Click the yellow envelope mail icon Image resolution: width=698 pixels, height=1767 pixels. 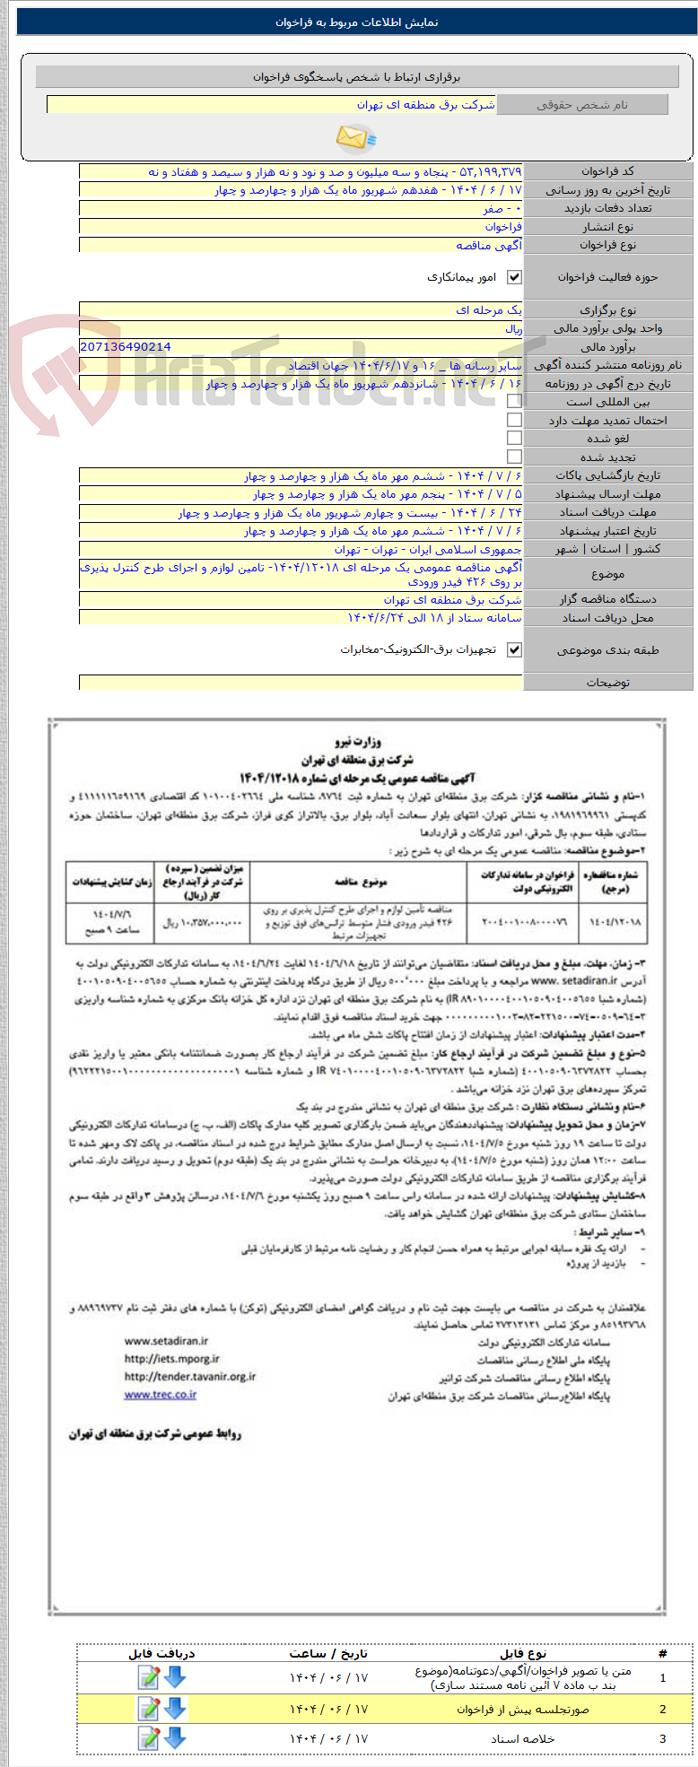pyautogui.click(x=355, y=137)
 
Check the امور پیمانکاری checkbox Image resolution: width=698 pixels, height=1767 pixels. pyautogui.click(x=514, y=278)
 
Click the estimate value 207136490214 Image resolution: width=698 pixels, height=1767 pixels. pyautogui.click(x=126, y=346)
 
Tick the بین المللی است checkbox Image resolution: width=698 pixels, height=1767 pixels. pyautogui.click(x=514, y=402)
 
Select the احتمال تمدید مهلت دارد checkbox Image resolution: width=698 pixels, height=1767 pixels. pyautogui.click(x=514, y=421)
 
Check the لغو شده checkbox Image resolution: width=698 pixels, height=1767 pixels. pyautogui.click(x=514, y=439)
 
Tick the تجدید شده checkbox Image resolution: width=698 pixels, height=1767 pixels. pyautogui.click(x=514, y=457)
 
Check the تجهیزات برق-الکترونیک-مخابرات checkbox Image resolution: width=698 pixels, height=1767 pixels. pyautogui.click(x=514, y=650)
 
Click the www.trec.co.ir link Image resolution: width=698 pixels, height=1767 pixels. pyautogui.click(x=161, y=1394)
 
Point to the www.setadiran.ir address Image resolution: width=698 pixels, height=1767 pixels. pyautogui.click(x=166, y=1341)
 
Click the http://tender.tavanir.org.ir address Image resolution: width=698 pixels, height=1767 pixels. pyautogui.click(x=189, y=1376)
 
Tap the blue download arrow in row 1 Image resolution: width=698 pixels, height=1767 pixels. pyautogui.click(x=175, y=1676)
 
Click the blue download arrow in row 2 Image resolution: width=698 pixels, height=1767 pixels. pyautogui.click(x=175, y=1709)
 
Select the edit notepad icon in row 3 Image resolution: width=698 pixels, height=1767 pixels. pyautogui.click(x=149, y=1738)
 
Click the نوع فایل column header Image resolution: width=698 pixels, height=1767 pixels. pyautogui.click(x=522, y=1653)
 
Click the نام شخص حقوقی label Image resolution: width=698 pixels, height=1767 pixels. pyautogui.click(x=582, y=105)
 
